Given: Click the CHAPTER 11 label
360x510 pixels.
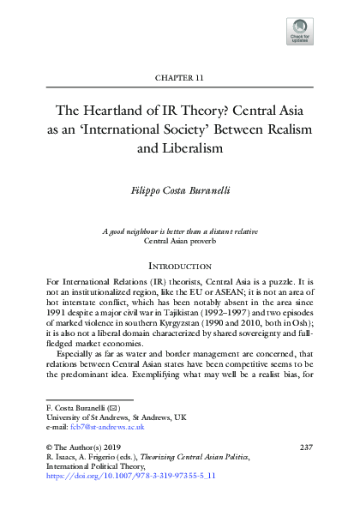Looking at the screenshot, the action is pyautogui.click(x=179, y=78).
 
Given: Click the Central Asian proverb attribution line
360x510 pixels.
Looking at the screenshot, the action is pyautogui.click(x=179, y=243).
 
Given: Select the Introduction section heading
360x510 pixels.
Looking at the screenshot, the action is pyautogui.click(x=179, y=267).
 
